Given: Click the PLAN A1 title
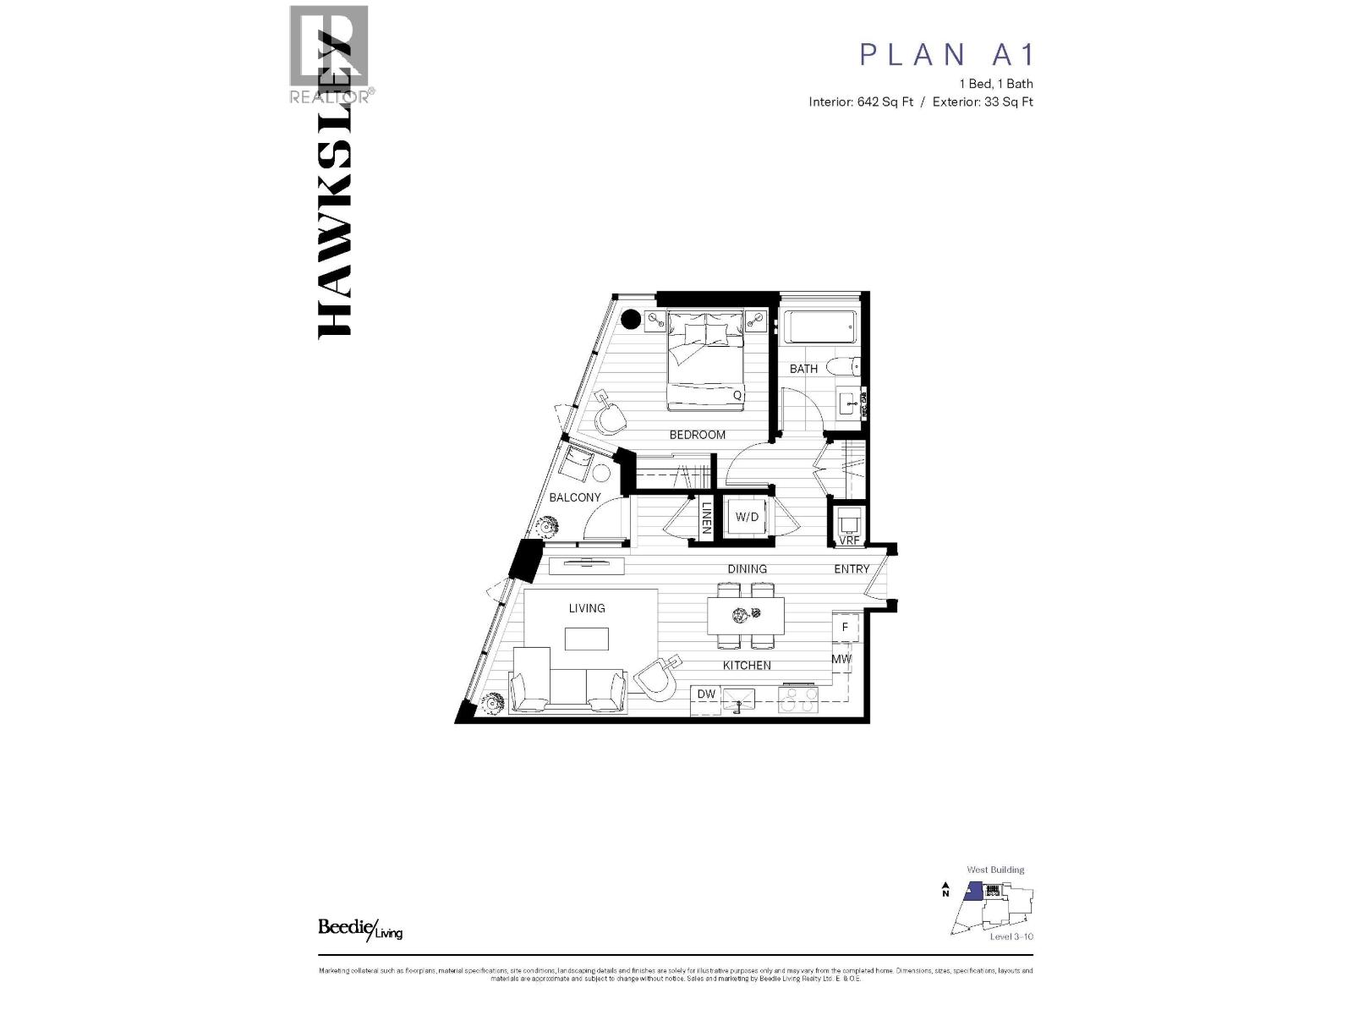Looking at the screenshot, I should pos(946,54).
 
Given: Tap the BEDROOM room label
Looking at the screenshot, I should pos(698,435).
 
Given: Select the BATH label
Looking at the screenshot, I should pos(803,369).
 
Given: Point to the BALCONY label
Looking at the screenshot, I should pos(575,497).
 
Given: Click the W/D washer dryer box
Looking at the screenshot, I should pos(747,517).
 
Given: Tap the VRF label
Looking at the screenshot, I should pos(849,540).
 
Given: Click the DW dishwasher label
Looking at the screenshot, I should pos(706,694).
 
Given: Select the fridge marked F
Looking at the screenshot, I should pos(845,628).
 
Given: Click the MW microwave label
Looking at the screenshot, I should pos(841,659).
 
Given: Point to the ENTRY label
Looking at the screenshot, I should pos(852,569).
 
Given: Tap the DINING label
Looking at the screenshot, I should pos(747,569).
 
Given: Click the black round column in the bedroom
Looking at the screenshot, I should pos(631,320).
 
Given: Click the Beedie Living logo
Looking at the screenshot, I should pos(359,928).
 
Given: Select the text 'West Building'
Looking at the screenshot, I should pos(995,870).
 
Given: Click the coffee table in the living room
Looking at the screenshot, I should pos(587,639).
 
